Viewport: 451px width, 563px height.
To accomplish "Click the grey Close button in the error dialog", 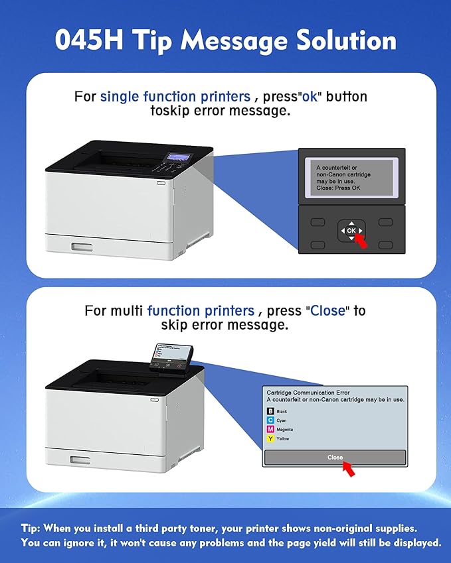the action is [x=335, y=458].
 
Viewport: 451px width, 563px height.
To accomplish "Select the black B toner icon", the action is [x=270, y=411].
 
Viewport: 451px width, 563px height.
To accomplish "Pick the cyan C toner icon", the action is [x=270, y=420].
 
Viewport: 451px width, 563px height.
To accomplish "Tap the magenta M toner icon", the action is [x=270, y=429].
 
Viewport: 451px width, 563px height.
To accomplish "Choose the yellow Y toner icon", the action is [x=270, y=438].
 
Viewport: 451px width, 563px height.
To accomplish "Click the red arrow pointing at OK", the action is [x=361, y=241].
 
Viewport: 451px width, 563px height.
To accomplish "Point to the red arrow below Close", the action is [x=349, y=469].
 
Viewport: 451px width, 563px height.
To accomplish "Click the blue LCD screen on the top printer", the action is [x=179, y=157].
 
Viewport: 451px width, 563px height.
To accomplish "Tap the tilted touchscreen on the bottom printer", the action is [x=171, y=358].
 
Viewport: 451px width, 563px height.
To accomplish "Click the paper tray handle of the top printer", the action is [x=82, y=247].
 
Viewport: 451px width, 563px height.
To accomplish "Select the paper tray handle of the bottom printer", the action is [x=80, y=460].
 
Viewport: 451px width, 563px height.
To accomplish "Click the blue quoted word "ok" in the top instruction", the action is [x=310, y=97].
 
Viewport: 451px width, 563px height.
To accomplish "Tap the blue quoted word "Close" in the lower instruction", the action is [x=327, y=310].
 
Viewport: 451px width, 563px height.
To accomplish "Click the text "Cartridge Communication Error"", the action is [x=308, y=393].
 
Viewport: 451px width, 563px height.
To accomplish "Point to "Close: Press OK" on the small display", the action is [x=338, y=188].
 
